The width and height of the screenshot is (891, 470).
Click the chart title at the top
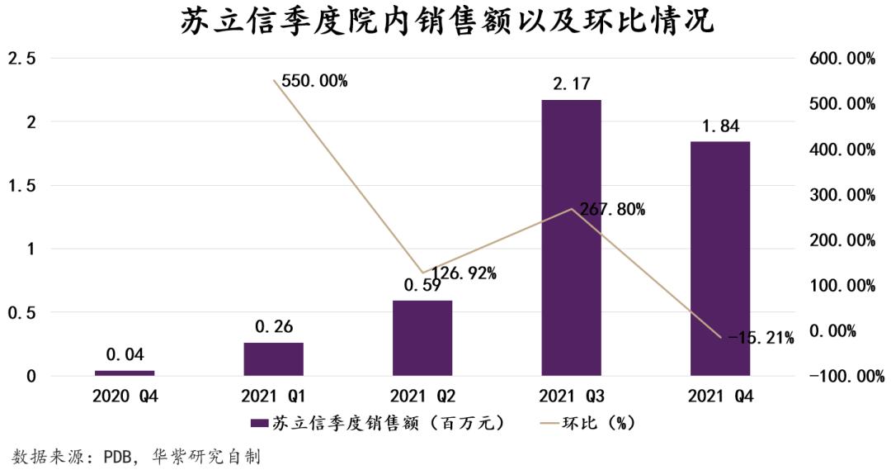(446, 22)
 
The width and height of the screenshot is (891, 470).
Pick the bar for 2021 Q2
(422, 338)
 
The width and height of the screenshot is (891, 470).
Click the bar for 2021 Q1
(273, 359)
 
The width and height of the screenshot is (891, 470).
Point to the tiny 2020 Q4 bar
(125, 373)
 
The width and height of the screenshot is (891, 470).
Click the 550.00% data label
(314, 81)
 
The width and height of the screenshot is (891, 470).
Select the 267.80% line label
(612, 210)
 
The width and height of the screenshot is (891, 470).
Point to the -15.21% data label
(761, 338)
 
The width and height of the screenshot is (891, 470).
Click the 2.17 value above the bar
(571, 84)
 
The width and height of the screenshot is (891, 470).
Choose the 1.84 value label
(719, 126)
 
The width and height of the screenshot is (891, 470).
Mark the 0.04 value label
(125, 355)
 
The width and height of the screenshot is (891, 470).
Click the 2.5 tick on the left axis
(21, 59)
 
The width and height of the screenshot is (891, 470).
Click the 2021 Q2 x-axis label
(422, 397)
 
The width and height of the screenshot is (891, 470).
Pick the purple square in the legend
(258, 423)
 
